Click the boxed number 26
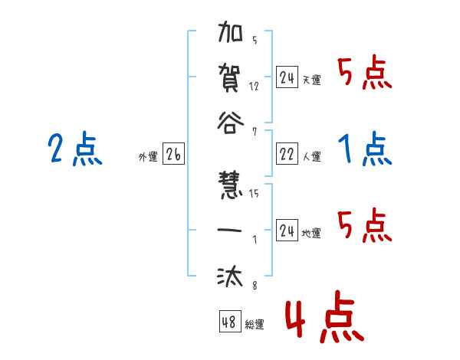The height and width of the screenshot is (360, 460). [x=173, y=155]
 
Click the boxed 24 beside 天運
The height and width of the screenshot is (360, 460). [x=287, y=77]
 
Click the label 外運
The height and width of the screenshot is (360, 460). [x=148, y=158]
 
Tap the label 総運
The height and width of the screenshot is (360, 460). [x=255, y=325]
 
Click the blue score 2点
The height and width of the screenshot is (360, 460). [x=74, y=149]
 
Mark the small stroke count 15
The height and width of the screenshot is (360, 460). [x=255, y=194]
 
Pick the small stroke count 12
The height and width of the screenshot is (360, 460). [x=255, y=86]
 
